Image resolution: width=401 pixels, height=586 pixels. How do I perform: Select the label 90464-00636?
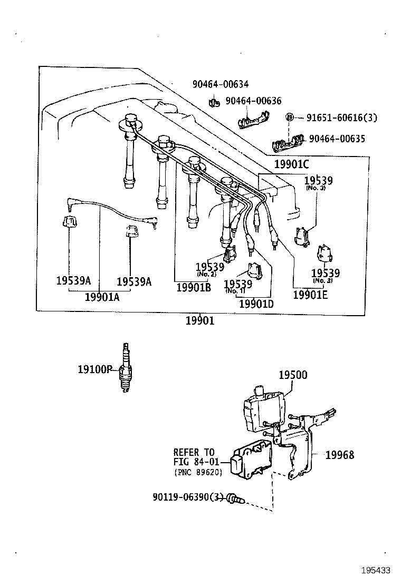coord(253,101)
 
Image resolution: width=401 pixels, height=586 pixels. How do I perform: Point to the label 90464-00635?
coord(337,139)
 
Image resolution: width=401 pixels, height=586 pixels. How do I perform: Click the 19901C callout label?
coord(291,164)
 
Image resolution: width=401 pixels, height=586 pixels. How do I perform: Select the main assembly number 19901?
coord(200,320)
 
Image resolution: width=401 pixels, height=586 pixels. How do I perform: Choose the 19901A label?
coord(102,297)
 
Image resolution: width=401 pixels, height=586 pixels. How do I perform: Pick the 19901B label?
coord(193,287)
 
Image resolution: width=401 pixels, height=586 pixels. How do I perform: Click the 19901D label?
coord(256,304)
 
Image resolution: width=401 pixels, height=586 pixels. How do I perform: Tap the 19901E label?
coord(310,295)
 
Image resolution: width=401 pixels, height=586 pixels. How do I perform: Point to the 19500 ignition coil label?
coord(293,375)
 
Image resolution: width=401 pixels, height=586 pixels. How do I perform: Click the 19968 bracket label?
coord(339,455)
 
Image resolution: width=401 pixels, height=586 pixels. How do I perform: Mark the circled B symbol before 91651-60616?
coord(289,118)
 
